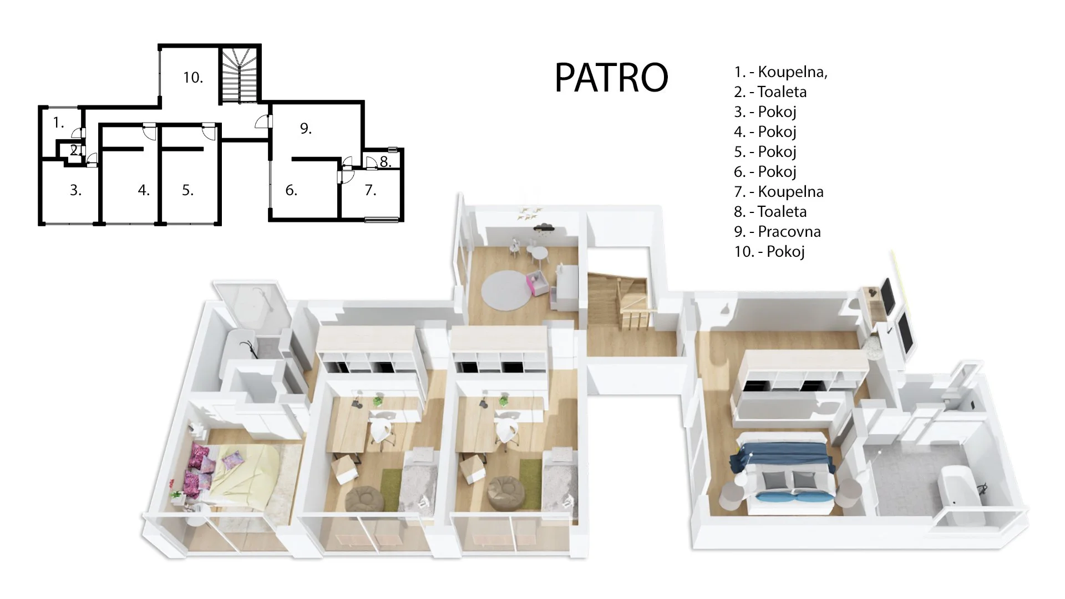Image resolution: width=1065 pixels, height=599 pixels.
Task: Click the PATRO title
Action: pyautogui.click(x=611, y=77)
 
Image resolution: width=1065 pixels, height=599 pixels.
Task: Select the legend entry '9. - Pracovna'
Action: pyautogui.click(x=777, y=231)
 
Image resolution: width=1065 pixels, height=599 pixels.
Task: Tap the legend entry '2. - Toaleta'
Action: pyautogui.click(x=770, y=92)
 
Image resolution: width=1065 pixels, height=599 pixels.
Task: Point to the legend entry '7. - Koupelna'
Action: pyautogui.click(x=779, y=191)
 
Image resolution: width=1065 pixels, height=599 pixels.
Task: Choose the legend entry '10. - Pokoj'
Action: pyautogui.click(x=769, y=251)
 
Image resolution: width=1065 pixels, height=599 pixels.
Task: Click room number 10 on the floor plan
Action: pyautogui.click(x=193, y=78)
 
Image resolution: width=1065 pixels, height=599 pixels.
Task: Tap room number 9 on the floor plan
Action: pyautogui.click(x=306, y=129)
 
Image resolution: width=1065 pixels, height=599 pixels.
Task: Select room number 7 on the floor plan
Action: pyautogui.click(x=371, y=191)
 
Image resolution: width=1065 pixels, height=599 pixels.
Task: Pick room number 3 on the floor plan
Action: pyautogui.click(x=75, y=190)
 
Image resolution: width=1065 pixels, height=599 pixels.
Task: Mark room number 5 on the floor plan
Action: pyautogui.click(x=187, y=190)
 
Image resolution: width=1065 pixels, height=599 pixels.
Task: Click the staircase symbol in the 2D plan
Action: pyautogui.click(x=240, y=75)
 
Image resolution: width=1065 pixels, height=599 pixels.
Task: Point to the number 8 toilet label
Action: pyautogui.click(x=386, y=162)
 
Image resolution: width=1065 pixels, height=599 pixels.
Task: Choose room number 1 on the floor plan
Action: pyautogui.click(x=58, y=123)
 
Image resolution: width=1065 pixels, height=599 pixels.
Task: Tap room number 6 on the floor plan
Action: pyautogui.click(x=291, y=191)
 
